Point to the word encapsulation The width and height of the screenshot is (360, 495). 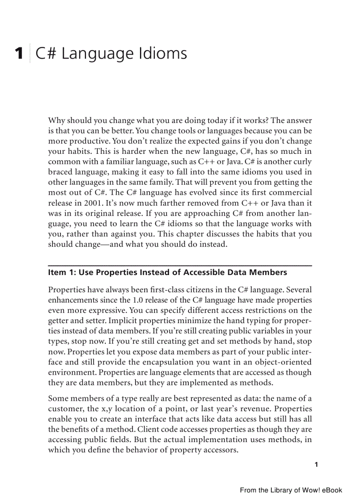click(x=180, y=362)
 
